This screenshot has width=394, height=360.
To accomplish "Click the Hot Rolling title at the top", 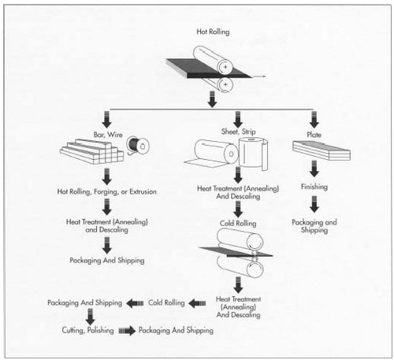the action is pos(213,32).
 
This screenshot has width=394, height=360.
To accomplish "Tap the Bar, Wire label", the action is pos(108,135).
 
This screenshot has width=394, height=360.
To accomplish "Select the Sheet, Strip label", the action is pos(238,132).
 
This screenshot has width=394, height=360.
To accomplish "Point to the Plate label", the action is pos(314,135).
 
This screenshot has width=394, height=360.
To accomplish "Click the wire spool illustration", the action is pos(138,146).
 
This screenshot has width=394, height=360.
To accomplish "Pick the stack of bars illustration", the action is pos(92,152).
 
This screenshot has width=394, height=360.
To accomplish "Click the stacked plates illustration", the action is pos(322,150).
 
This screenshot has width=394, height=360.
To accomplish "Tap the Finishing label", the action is pos(314,187).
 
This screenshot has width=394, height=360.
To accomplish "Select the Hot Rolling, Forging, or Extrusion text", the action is pos(106,191).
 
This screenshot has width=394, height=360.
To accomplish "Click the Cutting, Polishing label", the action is pos(87,330).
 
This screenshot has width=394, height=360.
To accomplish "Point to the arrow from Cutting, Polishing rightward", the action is pos(128,331).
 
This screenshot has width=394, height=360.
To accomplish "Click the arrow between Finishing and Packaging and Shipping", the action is pos(314,204).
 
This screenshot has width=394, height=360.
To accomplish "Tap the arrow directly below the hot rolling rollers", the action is pos(212,99).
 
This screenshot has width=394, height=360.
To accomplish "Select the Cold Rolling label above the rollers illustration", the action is pos(238,223).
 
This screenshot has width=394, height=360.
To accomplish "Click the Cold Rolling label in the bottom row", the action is pos(166,302).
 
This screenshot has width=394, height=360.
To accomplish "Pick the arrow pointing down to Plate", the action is pos(314,120).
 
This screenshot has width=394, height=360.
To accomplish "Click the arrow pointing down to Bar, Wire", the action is pos(106,120).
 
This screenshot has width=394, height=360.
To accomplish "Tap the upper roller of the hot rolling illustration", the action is pos(214,60).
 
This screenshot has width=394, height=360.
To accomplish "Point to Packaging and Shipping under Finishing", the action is pos(314,226).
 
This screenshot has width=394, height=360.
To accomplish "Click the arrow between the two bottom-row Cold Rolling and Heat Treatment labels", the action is pos(197,303).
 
